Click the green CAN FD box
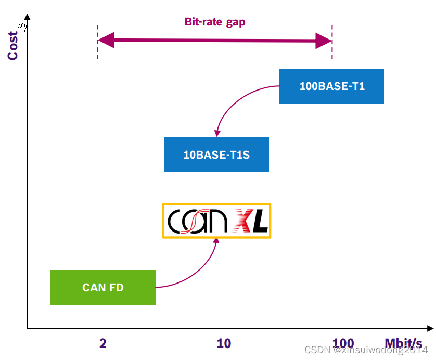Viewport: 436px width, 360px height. click(x=103, y=287)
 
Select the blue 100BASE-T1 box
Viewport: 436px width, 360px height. click(x=332, y=86)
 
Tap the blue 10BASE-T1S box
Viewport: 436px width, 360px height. click(x=216, y=154)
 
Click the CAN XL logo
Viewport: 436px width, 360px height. click(x=217, y=221)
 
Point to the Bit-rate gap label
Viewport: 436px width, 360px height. click(x=215, y=22)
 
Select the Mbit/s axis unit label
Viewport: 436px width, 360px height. click(x=403, y=343)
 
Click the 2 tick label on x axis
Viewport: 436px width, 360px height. click(x=103, y=343)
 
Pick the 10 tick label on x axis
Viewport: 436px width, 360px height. click(x=224, y=343)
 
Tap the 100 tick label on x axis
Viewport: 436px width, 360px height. click(x=343, y=343)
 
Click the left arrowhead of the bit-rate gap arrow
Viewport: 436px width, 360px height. click(x=106, y=41)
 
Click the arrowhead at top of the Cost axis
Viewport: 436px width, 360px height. click(x=27, y=17)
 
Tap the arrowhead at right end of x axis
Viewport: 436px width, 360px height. click(x=430, y=328)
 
